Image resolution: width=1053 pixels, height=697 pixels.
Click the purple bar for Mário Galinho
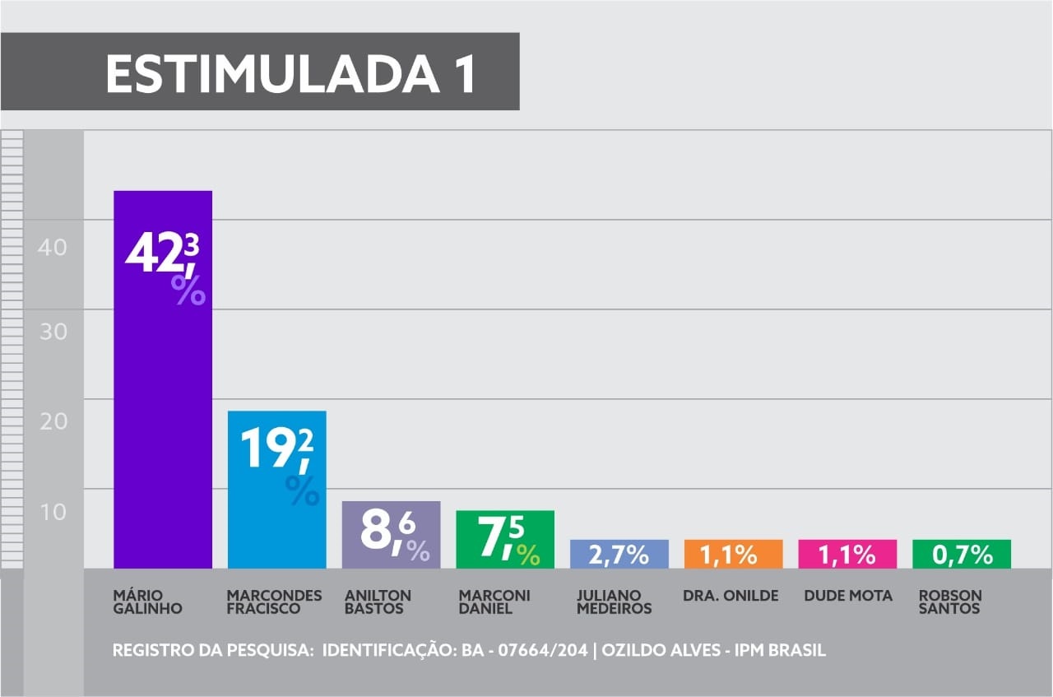[x=163, y=379]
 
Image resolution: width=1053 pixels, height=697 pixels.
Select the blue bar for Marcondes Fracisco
[x=276, y=489]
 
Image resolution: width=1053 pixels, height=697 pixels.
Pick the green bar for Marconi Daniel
[x=504, y=539]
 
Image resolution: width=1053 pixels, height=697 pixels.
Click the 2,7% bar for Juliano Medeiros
[x=619, y=554]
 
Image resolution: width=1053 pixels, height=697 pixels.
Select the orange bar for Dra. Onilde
[x=733, y=554]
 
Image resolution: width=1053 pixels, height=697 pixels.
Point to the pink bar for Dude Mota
[x=847, y=554]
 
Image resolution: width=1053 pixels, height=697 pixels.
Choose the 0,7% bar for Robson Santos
[x=961, y=554]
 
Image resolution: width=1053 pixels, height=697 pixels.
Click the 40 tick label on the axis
[x=53, y=247]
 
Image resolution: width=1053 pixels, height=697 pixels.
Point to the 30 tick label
[x=53, y=332]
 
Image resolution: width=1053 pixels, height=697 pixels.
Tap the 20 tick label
[x=53, y=421]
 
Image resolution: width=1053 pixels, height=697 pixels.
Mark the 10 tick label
[x=53, y=512]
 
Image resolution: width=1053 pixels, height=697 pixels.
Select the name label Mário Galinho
[x=147, y=602]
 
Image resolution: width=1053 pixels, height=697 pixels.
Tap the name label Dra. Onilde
[x=731, y=595]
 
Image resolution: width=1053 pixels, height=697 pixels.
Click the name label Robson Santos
[x=950, y=602]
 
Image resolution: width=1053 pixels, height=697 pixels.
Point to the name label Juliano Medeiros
[x=614, y=602]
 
